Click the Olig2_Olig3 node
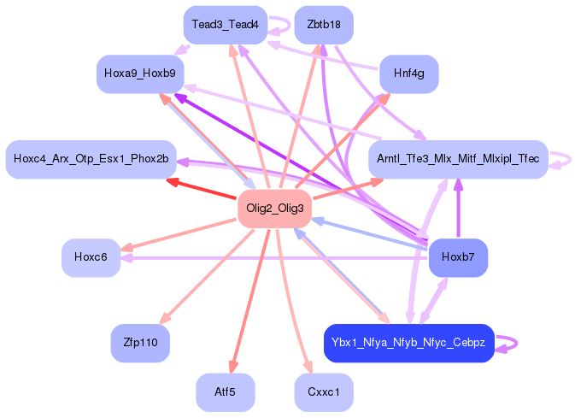click(273, 209)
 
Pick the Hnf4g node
click(408, 74)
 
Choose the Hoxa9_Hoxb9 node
click(139, 74)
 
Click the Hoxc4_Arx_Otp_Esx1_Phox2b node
click(91, 159)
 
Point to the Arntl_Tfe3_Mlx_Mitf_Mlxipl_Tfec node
click(457, 159)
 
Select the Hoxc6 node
click(90, 257)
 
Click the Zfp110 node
click(139, 343)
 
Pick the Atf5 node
click(225, 392)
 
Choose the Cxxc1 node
click(323, 392)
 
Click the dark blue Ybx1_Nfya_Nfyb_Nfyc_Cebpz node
click(409, 343)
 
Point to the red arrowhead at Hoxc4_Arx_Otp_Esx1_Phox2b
click(172, 180)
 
